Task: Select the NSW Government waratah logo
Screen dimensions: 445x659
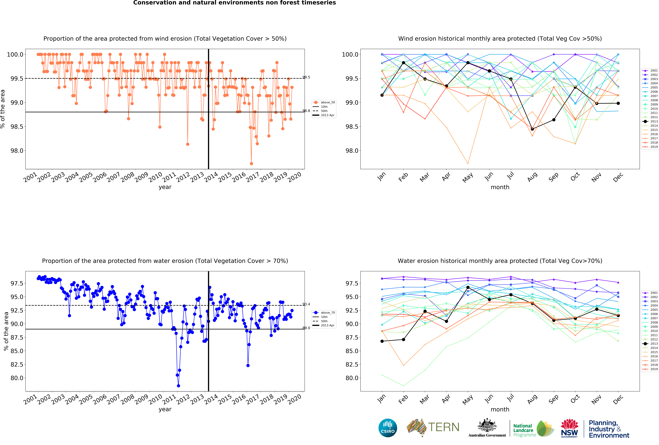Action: [x=569, y=428]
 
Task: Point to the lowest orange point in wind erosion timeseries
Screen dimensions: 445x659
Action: [x=251, y=164]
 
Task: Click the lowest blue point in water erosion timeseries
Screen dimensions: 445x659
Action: [x=178, y=386]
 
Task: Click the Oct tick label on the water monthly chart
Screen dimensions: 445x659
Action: [x=575, y=399]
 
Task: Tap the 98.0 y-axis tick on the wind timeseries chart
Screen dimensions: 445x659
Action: [x=17, y=151]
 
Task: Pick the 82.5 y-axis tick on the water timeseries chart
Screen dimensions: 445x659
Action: [x=17, y=365]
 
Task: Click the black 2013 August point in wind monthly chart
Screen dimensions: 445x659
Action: [x=532, y=129]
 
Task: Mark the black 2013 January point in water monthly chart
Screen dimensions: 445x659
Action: [x=382, y=341]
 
